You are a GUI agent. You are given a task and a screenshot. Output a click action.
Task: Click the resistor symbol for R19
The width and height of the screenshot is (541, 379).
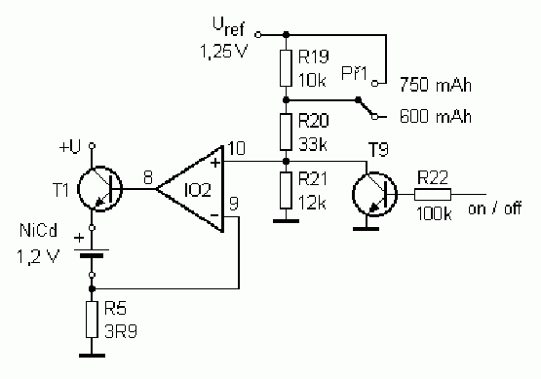click(286, 68)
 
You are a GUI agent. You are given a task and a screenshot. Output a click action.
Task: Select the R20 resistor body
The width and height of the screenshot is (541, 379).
click(286, 133)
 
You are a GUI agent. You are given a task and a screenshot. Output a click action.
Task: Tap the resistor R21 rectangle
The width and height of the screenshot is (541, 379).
click(286, 190)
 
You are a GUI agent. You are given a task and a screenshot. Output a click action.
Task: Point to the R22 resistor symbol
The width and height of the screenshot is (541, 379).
click(433, 195)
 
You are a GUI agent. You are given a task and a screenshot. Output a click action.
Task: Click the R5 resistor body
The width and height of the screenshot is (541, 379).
click(92, 320)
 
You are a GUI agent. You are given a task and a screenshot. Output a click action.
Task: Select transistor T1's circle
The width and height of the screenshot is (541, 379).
click(100, 189)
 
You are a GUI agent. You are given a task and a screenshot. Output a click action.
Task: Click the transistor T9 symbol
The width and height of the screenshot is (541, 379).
click(374, 195)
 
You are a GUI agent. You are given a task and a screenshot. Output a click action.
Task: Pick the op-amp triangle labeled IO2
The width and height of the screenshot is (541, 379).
click(190, 189)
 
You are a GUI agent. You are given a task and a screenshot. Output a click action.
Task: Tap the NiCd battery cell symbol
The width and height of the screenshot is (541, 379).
click(92, 252)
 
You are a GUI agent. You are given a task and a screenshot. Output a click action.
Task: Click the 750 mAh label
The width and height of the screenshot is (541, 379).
click(436, 85)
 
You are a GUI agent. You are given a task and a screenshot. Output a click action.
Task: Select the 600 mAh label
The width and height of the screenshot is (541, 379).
click(436, 116)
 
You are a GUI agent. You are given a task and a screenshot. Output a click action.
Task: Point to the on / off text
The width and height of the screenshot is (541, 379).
click(495, 208)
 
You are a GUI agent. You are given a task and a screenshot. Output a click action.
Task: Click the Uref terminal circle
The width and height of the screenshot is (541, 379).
click(257, 34)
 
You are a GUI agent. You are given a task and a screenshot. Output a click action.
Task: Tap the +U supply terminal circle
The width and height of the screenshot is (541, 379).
click(92, 146)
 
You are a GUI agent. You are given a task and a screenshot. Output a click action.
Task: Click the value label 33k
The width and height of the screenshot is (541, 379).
click(313, 144)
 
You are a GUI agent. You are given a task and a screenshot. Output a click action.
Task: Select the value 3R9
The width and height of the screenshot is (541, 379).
click(121, 331)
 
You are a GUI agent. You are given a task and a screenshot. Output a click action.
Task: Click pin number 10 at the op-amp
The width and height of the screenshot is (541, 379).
click(237, 148)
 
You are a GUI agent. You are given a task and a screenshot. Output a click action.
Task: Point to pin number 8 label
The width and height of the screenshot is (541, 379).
click(148, 178)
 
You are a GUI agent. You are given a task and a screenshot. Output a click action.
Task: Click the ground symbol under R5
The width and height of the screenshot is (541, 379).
click(93, 356)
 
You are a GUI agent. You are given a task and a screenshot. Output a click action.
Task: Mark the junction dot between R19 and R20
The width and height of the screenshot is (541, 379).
click(286, 100)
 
